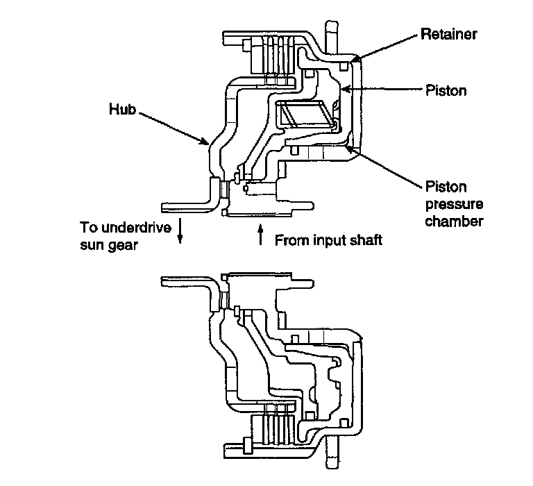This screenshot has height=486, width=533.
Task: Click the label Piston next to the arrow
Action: [445, 90]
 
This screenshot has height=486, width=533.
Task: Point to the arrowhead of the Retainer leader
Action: [353, 62]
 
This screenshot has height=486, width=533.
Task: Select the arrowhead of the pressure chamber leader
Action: [346, 144]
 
